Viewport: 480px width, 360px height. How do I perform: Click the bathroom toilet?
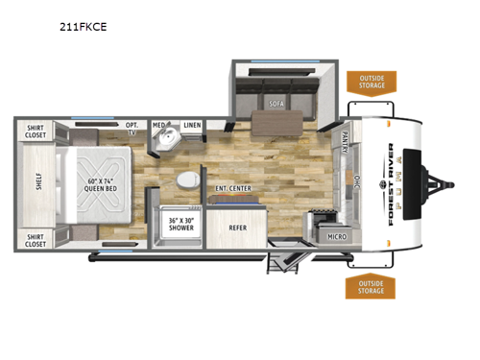188,180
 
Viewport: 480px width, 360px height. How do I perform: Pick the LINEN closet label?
192,125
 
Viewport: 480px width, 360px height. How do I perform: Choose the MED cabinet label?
159,125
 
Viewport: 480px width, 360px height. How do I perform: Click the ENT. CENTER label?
233,188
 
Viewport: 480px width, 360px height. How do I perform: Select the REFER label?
238,228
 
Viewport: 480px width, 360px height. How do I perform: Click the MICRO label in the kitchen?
336,234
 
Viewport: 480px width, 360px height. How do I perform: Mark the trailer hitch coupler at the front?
452,183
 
